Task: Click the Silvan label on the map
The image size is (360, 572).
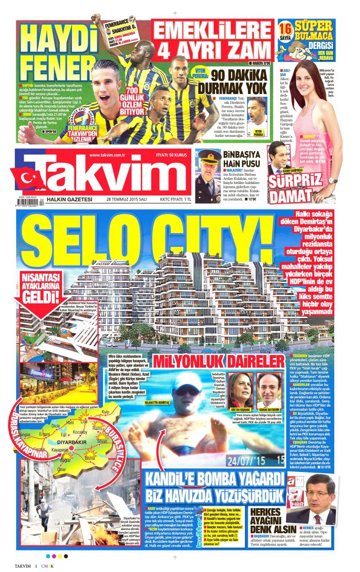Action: click(x=102, y=441)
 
